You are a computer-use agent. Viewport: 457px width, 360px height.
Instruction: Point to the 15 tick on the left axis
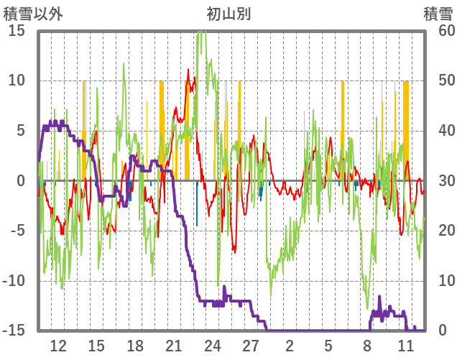point(17,31)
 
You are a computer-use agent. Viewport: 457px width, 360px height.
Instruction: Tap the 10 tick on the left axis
point(17,80)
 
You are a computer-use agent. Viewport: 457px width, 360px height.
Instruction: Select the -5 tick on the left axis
point(19,231)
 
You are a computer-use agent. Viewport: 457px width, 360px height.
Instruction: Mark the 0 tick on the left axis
point(22,180)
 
